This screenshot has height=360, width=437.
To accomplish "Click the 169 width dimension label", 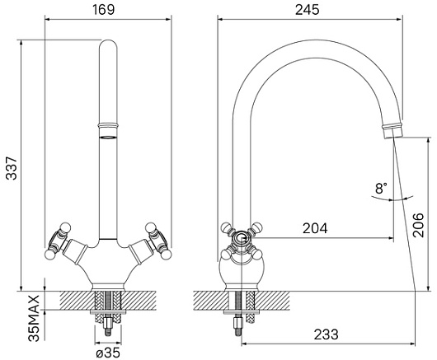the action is click(103, 10).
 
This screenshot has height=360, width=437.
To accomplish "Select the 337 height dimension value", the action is click(12, 168).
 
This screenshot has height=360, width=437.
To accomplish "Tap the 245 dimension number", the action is click(307, 10).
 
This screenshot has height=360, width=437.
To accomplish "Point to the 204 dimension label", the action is click(315, 228).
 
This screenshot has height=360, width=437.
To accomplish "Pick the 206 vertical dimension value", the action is click(418, 225).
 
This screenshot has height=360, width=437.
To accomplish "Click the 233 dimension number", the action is click(326, 334).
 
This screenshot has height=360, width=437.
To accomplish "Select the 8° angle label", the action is click(381, 188).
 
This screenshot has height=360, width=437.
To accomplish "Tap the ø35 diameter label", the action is click(108, 353).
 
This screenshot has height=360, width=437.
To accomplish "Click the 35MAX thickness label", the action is click(34, 319).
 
